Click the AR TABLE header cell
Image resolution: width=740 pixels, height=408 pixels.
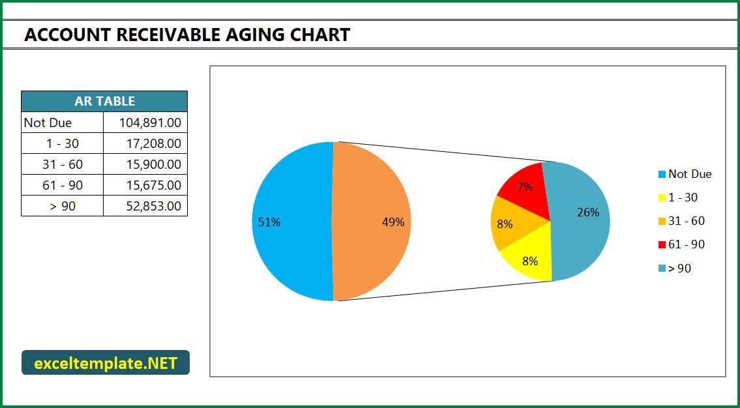tap(104, 101)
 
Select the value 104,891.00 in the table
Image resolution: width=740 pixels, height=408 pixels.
tap(150, 123)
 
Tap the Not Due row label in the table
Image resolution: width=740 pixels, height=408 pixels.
tap(48, 123)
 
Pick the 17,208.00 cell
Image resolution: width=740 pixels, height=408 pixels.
tap(154, 143)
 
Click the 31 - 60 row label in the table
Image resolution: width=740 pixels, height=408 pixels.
tap(63, 164)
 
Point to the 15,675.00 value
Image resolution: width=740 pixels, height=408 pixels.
tap(154, 185)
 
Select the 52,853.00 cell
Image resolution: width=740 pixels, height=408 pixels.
tap(154, 206)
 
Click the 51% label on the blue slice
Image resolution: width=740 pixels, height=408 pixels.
tap(269, 222)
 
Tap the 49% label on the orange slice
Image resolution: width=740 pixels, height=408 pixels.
tap(393, 222)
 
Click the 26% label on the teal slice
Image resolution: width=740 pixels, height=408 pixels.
tap(588, 212)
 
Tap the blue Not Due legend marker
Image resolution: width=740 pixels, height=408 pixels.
tap(662, 175)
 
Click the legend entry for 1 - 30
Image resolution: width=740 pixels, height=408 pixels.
tap(677, 197)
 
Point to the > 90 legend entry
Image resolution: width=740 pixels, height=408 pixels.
tap(675, 268)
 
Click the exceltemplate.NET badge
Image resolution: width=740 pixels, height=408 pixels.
tap(106, 362)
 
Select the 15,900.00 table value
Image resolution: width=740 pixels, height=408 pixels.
tap(154, 164)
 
